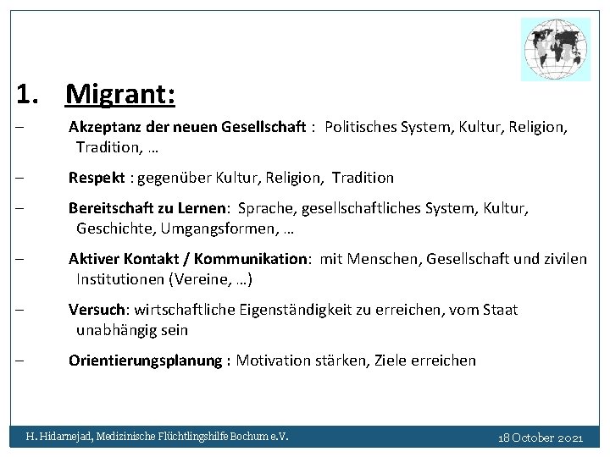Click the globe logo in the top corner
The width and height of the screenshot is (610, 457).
pos(555,49)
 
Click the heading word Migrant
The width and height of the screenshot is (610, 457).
pos(119,95)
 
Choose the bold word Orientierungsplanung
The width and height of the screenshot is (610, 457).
pos(144,361)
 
